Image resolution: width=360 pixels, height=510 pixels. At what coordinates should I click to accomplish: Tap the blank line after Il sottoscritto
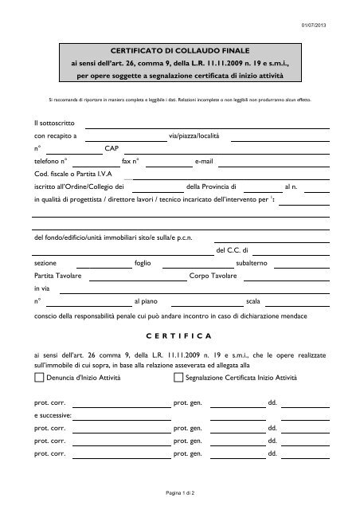(x=207, y=126)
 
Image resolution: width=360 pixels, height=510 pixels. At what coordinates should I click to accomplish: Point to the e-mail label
(x=205, y=161)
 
